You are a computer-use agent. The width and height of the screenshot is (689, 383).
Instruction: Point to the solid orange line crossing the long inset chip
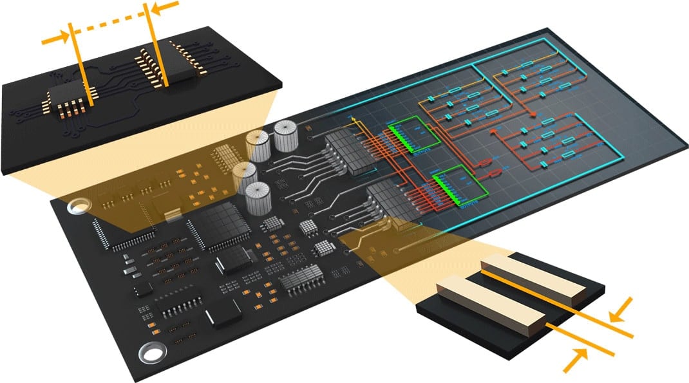(158, 45)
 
